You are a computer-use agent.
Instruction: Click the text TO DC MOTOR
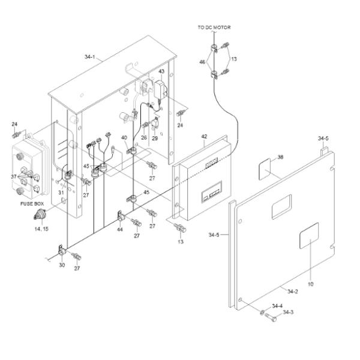coord(214,28)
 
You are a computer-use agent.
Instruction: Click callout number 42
coord(204,137)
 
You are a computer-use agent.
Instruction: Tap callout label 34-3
coord(288,312)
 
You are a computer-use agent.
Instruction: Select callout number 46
coord(202,62)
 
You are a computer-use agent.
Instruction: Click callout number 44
coord(120,230)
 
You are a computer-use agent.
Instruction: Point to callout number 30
coord(61,265)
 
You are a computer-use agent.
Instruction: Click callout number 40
coord(124,138)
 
